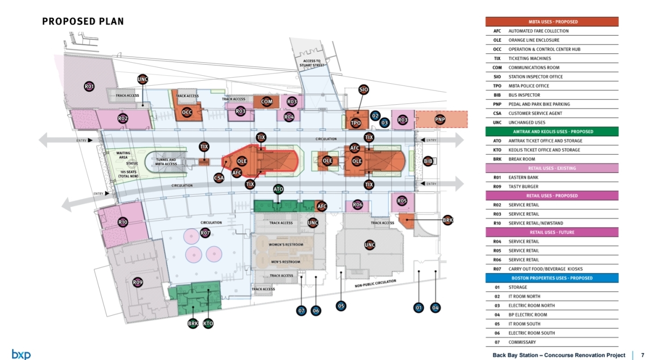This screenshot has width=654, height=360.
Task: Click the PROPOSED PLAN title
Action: pos(83,21)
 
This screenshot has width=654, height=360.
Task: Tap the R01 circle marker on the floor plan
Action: pos(89,86)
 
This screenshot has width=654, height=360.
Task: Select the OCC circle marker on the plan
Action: pos(187,112)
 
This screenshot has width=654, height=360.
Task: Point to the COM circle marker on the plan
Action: pos(266,102)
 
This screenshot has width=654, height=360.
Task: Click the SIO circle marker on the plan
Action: pos(364,90)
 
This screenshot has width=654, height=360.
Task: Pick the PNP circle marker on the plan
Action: pos(440,119)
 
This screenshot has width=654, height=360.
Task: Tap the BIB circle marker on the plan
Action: pos(428,161)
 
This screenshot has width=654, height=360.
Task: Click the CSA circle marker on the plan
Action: pos(219,178)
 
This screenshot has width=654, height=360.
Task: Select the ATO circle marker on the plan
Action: pos(278,190)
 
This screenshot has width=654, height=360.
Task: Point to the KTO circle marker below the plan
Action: pos(208,323)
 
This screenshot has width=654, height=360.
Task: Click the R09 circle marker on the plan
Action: pos(138,282)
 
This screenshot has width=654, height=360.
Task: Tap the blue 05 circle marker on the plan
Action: pos(341,306)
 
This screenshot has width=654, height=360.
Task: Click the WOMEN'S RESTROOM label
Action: pos(286,245)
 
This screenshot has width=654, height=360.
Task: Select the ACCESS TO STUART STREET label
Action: pos(312,63)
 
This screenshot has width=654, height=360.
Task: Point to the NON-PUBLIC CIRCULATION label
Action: pos(375,283)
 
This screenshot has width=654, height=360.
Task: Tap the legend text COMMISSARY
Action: pos(522,342)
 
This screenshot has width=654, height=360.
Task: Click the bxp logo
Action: pos(21,354)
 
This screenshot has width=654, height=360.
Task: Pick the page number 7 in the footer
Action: pos(642,355)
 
